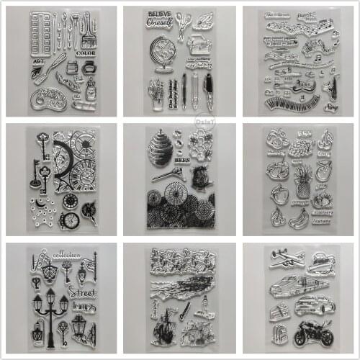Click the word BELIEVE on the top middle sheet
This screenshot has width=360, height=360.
158,14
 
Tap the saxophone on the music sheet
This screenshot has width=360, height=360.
330,89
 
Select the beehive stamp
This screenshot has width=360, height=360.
159,148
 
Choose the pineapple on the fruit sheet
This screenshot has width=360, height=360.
304,180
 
